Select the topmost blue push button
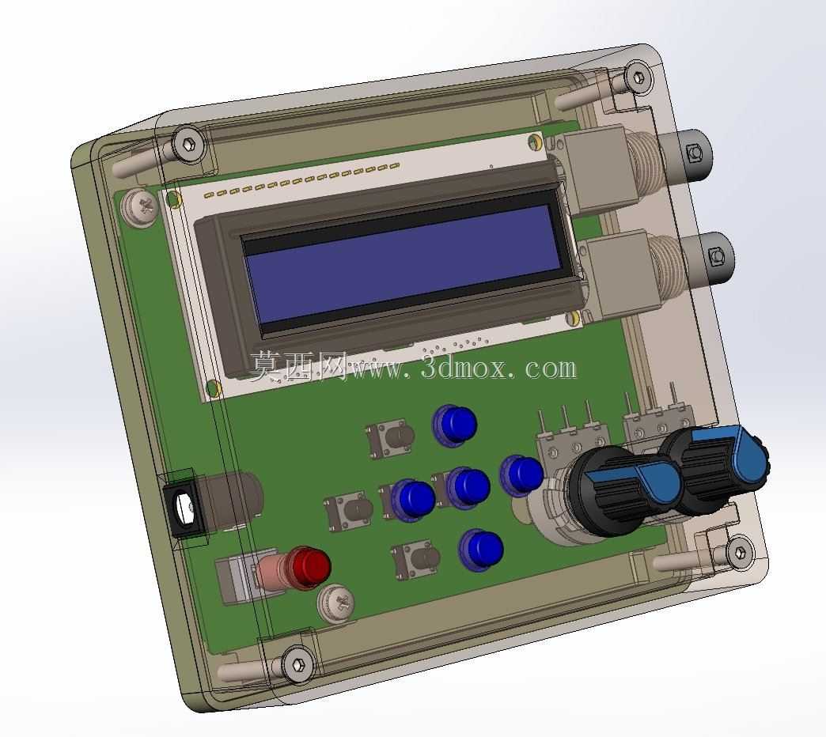pos(455,425)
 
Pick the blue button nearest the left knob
pos(521,474)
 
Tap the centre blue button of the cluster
pos(468,488)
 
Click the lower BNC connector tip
pos(715,256)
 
